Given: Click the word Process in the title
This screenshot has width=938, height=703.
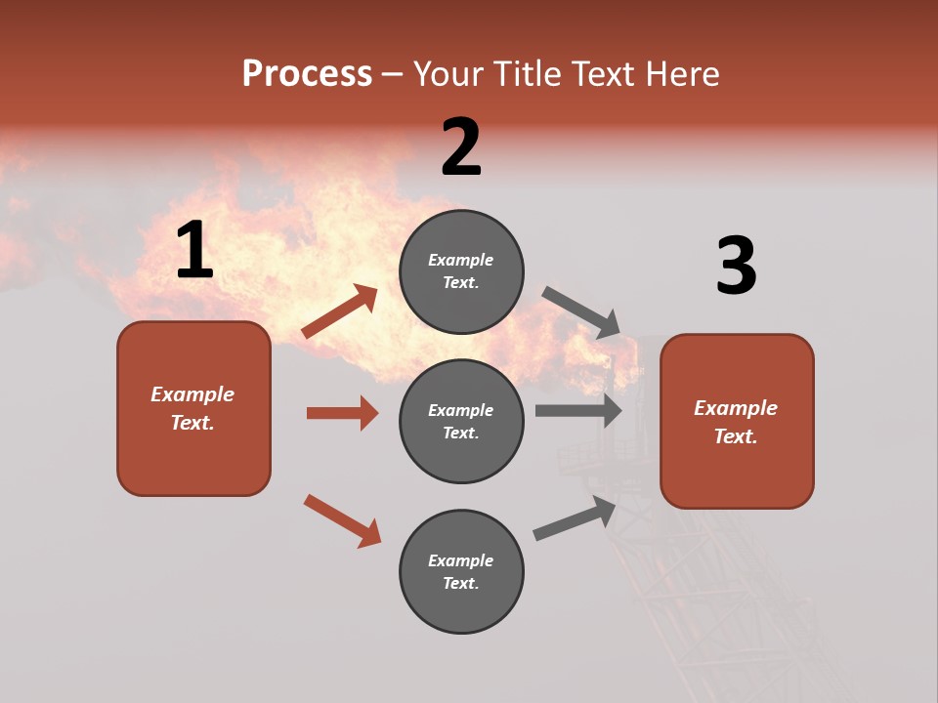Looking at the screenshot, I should [307, 74].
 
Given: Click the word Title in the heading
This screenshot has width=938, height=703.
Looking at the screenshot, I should [527, 74].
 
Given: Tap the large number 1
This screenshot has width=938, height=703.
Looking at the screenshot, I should [194, 251].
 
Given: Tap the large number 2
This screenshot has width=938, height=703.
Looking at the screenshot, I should [461, 147].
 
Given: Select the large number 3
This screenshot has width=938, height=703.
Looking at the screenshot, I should [736, 267].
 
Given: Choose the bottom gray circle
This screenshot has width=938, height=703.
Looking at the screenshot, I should [461, 605].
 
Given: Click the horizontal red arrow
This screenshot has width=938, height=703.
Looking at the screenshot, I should [342, 413].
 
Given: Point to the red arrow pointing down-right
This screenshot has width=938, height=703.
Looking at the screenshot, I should [343, 520].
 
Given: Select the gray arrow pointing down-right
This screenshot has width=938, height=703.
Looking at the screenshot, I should [581, 311].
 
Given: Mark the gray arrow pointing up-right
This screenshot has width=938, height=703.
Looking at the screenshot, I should [576, 518].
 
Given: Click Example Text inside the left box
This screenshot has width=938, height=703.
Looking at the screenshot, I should [192, 408].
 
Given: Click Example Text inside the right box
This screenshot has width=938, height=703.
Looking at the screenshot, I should [736, 422].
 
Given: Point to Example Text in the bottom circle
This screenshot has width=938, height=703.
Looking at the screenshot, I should [461, 572].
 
